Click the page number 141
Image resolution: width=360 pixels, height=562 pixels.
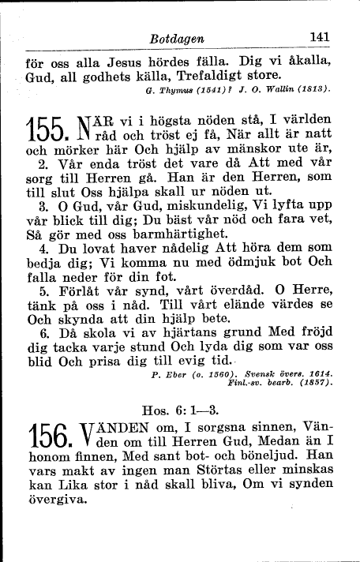click(x=320, y=36)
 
